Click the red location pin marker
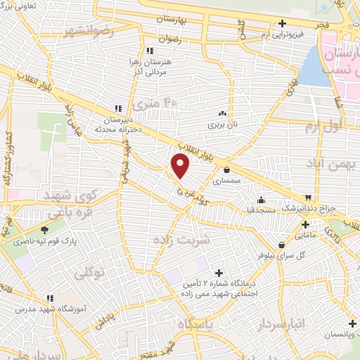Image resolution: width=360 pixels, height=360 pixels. pos(181,166)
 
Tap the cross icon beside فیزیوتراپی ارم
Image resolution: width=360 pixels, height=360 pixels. pos(282,23)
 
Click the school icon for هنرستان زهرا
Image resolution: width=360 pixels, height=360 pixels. pos(149,51)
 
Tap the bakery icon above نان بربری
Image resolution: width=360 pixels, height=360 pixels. pos(223,113)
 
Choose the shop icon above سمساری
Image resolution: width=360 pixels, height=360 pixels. pos(226,169)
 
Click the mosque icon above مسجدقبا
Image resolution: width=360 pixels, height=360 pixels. pos(262,199)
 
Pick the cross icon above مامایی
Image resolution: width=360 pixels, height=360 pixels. pos(305,224)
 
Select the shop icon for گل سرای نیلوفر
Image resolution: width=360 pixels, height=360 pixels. pos(281,245)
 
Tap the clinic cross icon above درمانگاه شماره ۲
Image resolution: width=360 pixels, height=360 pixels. pos(219,273)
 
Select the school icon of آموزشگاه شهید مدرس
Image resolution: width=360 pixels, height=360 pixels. pos(49,298)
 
